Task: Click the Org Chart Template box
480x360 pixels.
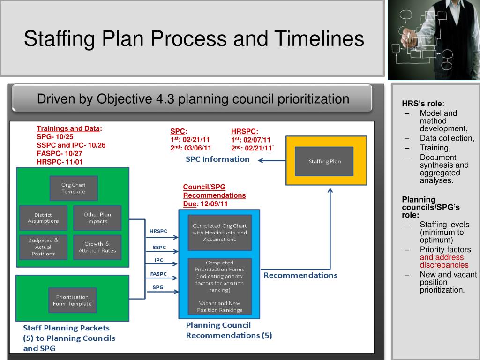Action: [x=74, y=188]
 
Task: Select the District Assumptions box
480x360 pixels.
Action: [x=43, y=218]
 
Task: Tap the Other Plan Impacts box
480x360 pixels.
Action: [x=97, y=218]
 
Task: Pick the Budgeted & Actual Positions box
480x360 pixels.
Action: [x=43, y=247]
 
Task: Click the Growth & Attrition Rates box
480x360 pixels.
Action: [x=97, y=247]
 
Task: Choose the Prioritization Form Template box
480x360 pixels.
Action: [x=72, y=300]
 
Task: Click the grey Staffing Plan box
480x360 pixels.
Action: [x=324, y=161]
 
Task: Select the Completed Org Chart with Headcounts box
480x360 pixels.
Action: [x=219, y=232]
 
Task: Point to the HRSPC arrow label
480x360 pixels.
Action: [x=158, y=231]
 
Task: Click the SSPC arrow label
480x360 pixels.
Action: [x=159, y=247]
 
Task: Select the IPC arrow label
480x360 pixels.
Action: [x=159, y=260]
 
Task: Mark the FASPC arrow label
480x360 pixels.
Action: [x=158, y=274]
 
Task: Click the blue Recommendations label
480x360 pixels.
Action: [x=300, y=275]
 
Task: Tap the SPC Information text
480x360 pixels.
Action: [x=217, y=159]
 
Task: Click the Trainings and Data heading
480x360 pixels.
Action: [x=69, y=128]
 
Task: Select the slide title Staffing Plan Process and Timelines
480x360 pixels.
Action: [x=194, y=38]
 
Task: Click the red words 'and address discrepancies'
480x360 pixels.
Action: [x=444, y=261]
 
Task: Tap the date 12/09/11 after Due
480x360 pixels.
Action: [x=214, y=204]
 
